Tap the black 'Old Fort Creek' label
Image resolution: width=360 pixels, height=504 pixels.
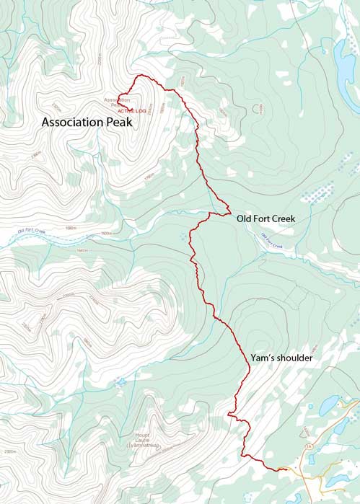265,218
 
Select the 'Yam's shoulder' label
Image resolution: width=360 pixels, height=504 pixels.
281,358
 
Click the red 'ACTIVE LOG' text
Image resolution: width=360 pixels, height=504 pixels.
132,111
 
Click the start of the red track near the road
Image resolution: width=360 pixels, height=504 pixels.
285,470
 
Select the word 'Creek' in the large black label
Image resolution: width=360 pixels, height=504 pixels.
283,218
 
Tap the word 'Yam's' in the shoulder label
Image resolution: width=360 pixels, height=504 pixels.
261,358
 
